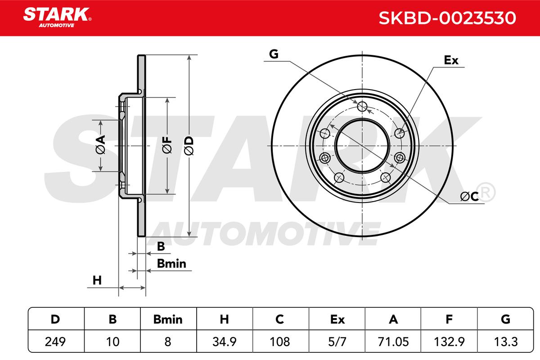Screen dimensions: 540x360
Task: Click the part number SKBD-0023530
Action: click(447, 18)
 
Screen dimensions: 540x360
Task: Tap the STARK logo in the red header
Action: click(57, 17)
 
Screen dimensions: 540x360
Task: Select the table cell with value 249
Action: click(55, 342)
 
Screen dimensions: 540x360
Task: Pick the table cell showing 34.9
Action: click(225, 342)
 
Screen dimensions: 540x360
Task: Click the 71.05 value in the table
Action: click(393, 342)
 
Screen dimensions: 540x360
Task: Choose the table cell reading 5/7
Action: click(337, 342)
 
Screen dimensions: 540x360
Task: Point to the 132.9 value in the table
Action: click(449, 342)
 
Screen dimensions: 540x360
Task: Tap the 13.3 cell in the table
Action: click(505, 342)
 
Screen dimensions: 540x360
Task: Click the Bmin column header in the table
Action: click(168, 319)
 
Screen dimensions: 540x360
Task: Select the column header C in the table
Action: click(279, 319)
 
